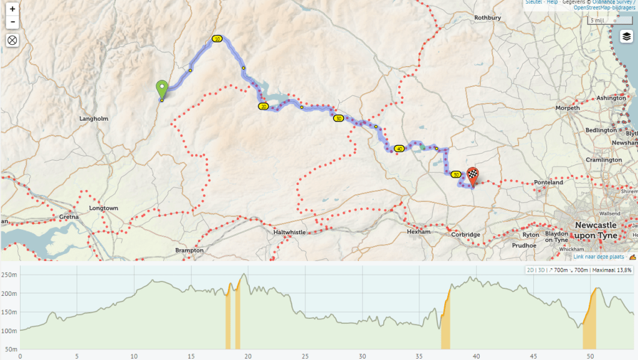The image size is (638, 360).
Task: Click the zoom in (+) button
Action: point(12,9)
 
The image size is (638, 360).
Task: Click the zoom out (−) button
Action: point(12,22)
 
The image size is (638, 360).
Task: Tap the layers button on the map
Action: point(626,37)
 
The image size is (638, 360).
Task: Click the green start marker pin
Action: point(161,90)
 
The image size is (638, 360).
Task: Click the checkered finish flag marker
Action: point(474,176)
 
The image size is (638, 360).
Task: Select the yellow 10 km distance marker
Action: point(217,39)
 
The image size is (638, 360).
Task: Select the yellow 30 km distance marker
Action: point(338,118)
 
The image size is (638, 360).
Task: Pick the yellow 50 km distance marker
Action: point(456,174)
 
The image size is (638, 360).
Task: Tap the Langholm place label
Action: point(94,118)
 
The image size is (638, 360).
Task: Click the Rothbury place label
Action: point(487,18)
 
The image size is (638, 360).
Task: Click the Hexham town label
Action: point(418,232)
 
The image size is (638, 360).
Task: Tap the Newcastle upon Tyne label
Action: point(595,230)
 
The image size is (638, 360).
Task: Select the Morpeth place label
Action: point(567,108)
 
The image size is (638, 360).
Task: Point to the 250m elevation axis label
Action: point(9,275)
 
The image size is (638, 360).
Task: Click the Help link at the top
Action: point(551,2)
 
